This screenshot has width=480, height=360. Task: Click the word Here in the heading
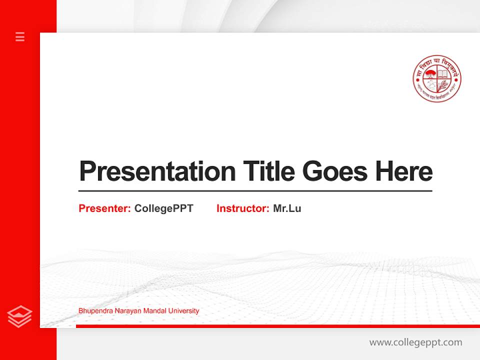point(404,171)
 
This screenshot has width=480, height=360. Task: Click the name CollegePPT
point(163,208)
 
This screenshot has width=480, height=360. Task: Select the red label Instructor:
point(243,208)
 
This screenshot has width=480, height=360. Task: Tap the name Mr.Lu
point(287,208)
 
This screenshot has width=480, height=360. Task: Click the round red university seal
point(437,78)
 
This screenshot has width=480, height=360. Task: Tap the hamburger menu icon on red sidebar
point(20,36)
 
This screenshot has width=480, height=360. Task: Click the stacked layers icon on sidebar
point(20,316)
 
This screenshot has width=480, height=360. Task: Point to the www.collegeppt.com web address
point(415,342)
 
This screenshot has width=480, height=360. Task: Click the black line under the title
point(255,191)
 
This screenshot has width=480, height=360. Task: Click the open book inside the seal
point(443,73)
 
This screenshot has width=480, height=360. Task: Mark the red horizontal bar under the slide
point(277,326)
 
